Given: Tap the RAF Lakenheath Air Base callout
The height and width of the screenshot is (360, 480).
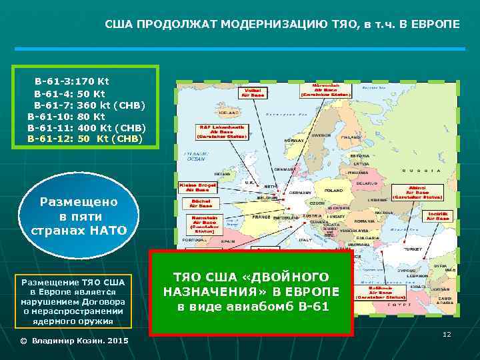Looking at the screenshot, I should (x=221, y=131).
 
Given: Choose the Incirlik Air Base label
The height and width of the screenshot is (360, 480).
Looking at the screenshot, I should (x=438, y=216).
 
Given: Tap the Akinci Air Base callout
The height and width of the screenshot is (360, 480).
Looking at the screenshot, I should (x=417, y=193).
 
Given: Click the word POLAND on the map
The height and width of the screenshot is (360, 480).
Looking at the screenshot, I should (x=333, y=190).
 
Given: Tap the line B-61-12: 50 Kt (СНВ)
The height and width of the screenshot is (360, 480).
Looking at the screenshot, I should (x=83, y=139).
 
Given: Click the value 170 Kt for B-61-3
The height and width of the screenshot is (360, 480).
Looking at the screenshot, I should (x=93, y=81).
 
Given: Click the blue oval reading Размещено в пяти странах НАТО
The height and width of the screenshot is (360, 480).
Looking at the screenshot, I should (x=79, y=215).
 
